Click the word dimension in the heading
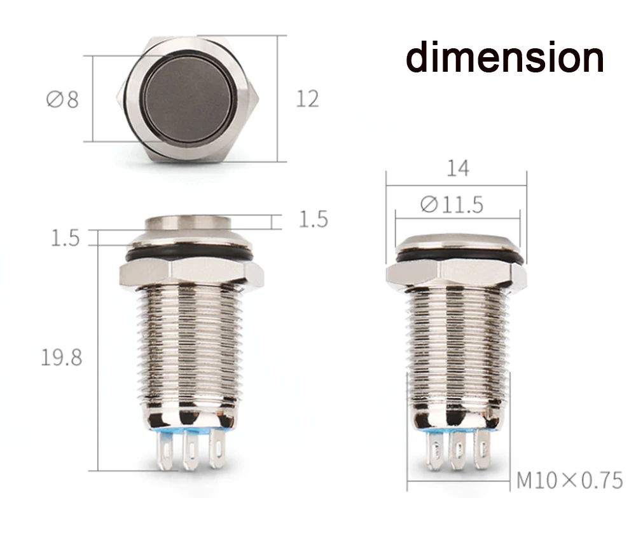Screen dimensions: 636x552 (x=504, y=57)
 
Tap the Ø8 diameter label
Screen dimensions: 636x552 (x=62, y=99)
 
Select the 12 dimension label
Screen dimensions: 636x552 (x=307, y=99)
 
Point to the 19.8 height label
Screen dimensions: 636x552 (x=62, y=358)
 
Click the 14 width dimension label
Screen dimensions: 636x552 (x=458, y=168)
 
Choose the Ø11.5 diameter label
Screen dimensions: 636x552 (x=452, y=205)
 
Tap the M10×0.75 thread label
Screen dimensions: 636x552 (x=569, y=481)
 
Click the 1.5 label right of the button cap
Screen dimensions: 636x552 (x=313, y=219)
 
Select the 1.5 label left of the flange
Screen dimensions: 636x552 (x=65, y=238)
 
